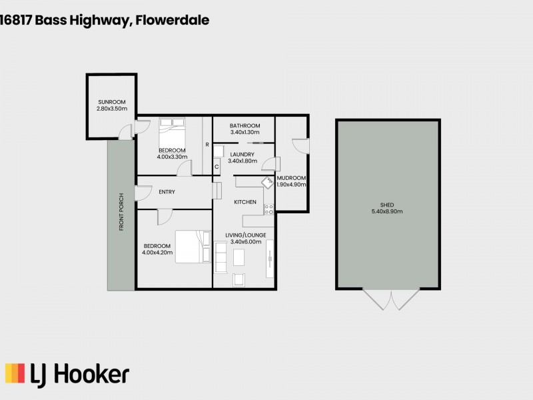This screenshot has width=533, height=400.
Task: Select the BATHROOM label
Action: [245, 125]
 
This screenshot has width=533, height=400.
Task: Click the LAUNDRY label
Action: [241, 154]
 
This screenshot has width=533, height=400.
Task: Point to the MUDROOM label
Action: [291, 178]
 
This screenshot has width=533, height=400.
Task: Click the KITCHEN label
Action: [245, 201]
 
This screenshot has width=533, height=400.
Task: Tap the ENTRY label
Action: [167, 192]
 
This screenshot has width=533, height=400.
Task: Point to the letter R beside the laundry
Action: [207, 145]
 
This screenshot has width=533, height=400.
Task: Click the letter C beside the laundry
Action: [217, 167]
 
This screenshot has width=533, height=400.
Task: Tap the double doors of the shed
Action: [388, 299]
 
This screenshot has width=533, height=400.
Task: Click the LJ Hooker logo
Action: [67, 374]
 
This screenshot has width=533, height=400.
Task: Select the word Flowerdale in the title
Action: [173, 20]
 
